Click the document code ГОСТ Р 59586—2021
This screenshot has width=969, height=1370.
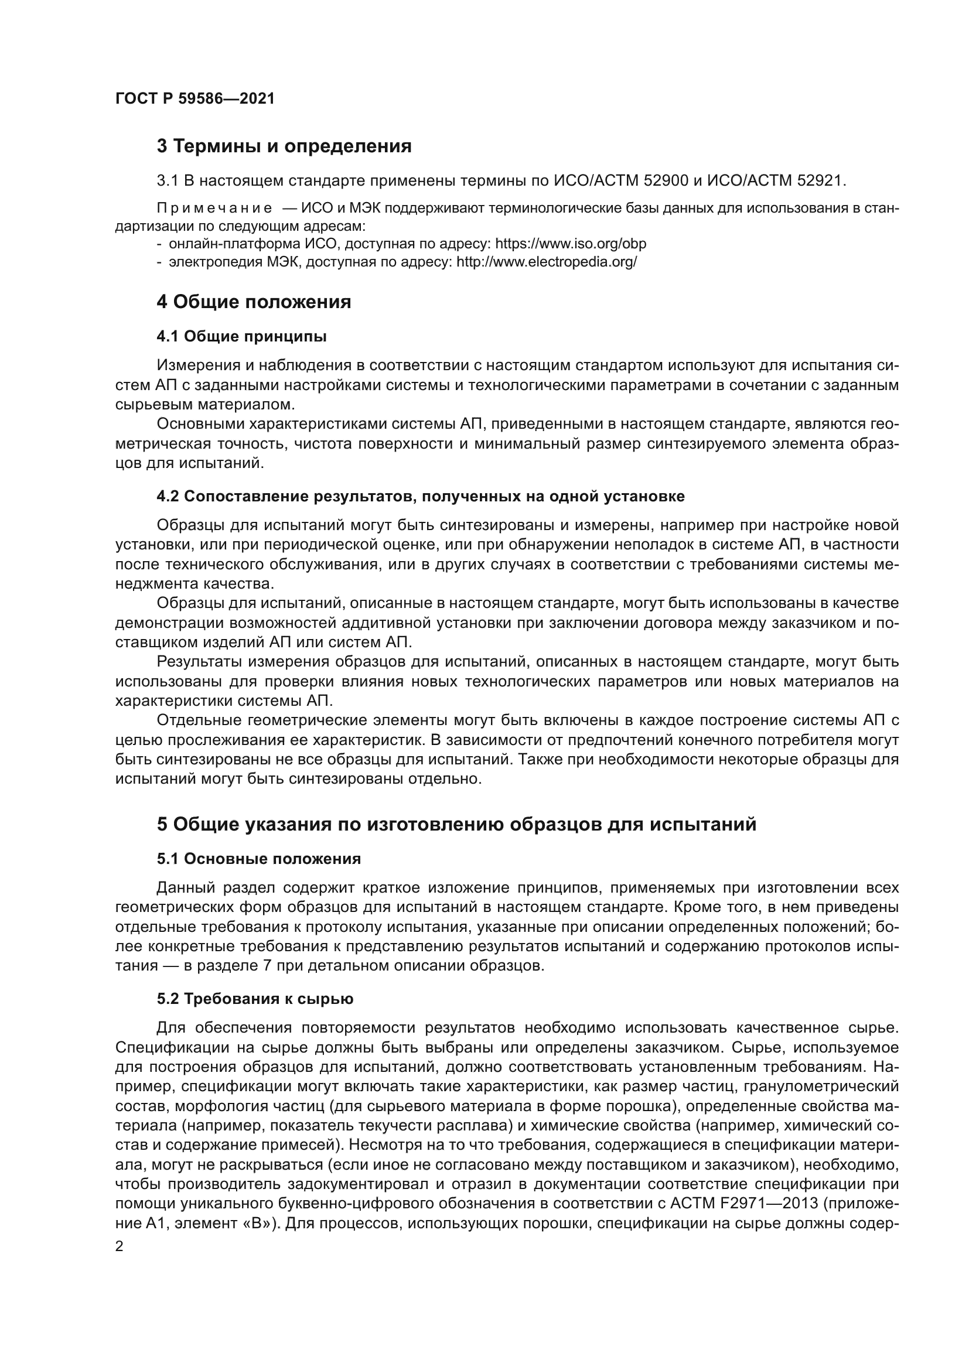195,99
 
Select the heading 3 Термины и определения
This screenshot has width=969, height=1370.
284,146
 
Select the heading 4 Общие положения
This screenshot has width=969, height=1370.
254,302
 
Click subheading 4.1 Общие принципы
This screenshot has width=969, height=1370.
241,337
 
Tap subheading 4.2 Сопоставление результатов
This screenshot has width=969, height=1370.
420,497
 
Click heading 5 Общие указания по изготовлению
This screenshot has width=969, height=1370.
456,824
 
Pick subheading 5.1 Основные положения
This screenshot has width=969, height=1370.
259,859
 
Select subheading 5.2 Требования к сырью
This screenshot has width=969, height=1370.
255,999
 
